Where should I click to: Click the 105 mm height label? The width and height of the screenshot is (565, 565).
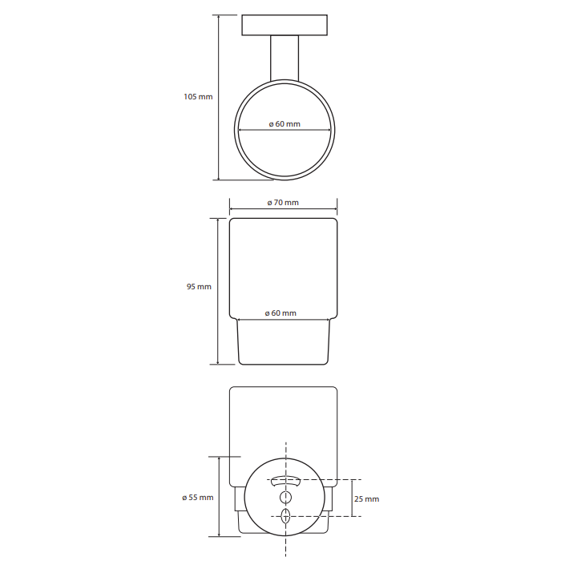(198, 96)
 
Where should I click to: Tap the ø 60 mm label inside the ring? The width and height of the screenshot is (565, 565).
(285, 124)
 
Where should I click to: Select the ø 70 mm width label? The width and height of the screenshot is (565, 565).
(283, 203)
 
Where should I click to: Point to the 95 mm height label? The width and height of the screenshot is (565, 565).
(199, 286)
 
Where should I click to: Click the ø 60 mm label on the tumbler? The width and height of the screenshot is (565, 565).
(280, 313)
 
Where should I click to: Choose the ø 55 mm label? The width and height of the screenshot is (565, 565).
(198, 497)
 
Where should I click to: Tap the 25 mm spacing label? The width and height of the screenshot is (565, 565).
(366, 499)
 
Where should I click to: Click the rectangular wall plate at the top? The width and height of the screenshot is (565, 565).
(285, 25)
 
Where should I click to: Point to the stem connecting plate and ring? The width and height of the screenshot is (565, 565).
(285, 58)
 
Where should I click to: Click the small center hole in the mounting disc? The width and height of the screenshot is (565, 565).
(286, 498)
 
